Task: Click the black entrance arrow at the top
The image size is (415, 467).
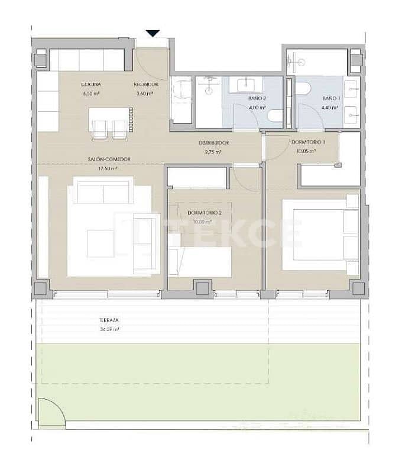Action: point(153,34)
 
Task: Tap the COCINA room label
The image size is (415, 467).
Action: point(90,85)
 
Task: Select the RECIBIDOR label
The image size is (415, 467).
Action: point(145,85)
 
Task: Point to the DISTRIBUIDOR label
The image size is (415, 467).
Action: point(213,143)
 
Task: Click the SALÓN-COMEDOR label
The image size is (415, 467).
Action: point(109,158)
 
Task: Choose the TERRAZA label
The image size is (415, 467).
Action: point(109,320)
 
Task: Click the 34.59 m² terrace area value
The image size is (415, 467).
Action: point(109,329)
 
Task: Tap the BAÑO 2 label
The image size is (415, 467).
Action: point(255,98)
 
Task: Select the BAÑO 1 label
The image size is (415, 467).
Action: point(330,98)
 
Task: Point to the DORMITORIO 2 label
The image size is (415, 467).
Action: point(204,213)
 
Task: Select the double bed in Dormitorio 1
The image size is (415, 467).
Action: point(320,235)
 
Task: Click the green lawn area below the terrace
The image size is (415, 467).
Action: point(201,378)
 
